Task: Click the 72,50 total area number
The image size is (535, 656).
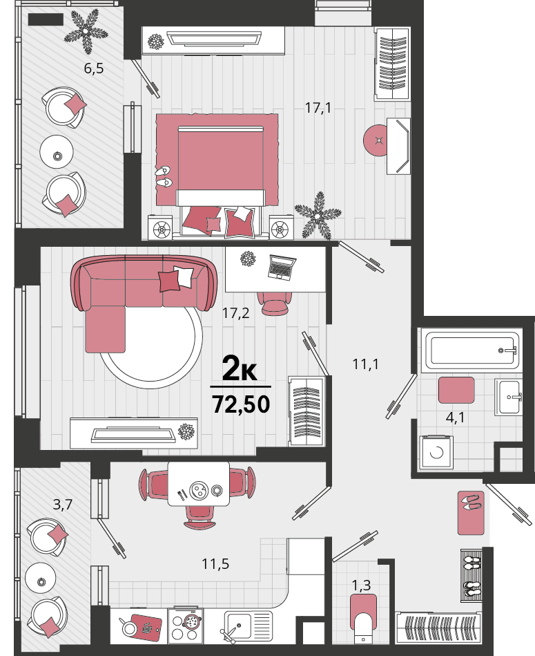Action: click(x=241, y=404)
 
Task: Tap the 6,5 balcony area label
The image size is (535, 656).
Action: click(x=94, y=68)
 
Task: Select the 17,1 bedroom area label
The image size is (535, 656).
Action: click(x=318, y=108)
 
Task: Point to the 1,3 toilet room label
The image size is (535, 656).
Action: click(x=361, y=585)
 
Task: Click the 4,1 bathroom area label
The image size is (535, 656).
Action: click(x=455, y=418)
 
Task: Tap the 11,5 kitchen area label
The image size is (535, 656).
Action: click(x=215, y=564)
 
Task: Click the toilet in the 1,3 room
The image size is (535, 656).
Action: click(x=363, y=619)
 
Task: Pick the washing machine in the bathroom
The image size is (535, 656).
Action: click(x=437, y=452)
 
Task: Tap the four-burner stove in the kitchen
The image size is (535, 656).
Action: click(x=185, y=626)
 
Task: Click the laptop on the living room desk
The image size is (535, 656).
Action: click(x=282, y=267)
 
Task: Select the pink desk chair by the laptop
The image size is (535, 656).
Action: click(x=274, y=303)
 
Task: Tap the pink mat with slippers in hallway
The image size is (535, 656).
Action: click(x=471, y=512)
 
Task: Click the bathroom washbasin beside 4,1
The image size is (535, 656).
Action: click(x=507, y=397)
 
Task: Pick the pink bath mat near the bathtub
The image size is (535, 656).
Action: click(x=456, y=390)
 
